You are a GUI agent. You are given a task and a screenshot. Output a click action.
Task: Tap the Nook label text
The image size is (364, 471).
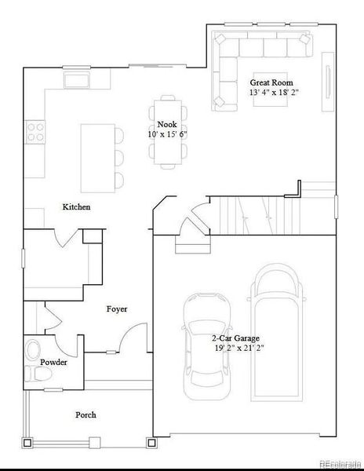coord(166,125)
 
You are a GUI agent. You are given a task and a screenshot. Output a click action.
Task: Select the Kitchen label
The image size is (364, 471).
coord(76,207)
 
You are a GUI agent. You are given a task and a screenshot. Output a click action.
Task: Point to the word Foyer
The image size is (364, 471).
coord(117,309)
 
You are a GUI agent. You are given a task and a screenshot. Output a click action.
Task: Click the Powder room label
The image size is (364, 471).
coord(53,363)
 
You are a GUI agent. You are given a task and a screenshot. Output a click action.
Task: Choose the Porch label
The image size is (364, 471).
coord(86,414)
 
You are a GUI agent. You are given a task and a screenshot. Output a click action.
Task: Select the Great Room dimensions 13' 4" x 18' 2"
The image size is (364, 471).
coord(273,93)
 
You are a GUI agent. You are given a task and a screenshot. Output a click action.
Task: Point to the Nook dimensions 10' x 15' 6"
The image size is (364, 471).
coord(166,134)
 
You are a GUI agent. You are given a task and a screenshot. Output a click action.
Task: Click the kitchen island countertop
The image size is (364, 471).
coord(96,157)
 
